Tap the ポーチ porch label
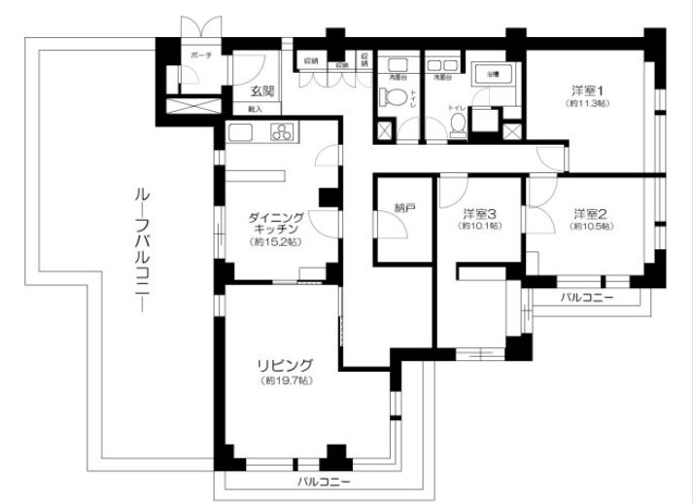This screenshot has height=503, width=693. [201, 56]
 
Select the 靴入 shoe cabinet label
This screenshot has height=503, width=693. [255, 111]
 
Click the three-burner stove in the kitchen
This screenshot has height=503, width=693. [282, 133]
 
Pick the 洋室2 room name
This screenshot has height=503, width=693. [583, 213]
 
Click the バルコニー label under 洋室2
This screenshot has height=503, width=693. [588, 298]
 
